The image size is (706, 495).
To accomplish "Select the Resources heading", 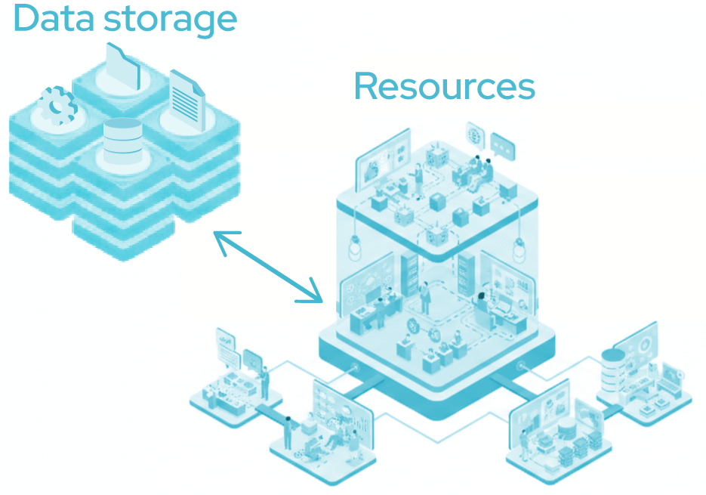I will tap(444, 86).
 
